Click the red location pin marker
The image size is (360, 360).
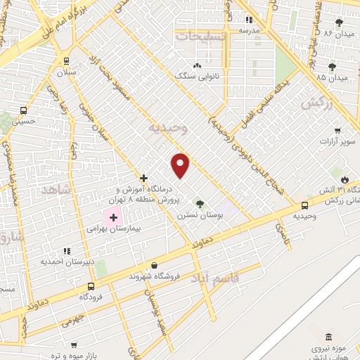click(181, 165)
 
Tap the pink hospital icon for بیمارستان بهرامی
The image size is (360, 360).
click(113, 218)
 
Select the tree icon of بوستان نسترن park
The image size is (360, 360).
click(200, 204)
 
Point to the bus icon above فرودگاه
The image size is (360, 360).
click(91, 286)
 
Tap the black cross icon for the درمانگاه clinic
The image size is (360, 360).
click(143, 178)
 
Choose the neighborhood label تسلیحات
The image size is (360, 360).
click(201, 35)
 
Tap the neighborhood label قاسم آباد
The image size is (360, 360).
click(235, 279)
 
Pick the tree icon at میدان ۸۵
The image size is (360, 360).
click(332, 67)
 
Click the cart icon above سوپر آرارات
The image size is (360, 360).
click(337, 131)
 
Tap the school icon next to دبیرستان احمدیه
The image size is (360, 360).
click(67, 250)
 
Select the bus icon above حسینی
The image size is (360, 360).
click(23, 110)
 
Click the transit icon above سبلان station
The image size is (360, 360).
click(65, 60)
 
